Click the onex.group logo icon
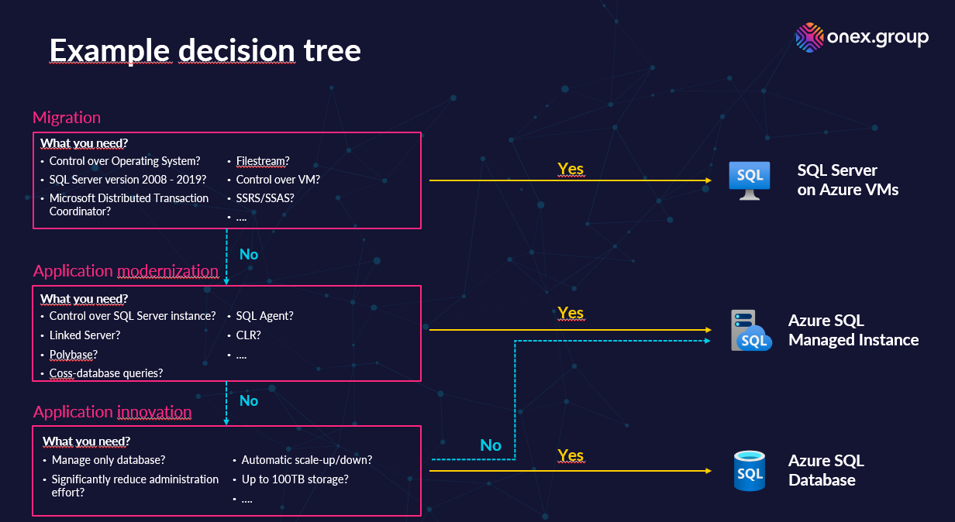click(809, 38)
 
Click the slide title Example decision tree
click(205, 50)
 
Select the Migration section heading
click(67, 118)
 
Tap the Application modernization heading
click(126, 271)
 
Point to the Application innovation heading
click(112, 412)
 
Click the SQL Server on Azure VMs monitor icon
click(750, 180)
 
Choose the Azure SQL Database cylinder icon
click(750, 471)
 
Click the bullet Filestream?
click(263, 161)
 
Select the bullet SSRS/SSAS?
click(265, 197)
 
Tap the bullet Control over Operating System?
click(125, 161)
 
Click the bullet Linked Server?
click(84, 335)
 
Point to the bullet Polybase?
click(74, 354)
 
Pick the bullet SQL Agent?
click(264, 316)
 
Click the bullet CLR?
click(248, 335)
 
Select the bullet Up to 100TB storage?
click(295, 479)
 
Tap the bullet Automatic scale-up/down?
click(307, 460)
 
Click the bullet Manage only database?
click(109, 460)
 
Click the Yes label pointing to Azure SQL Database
click(571, 455)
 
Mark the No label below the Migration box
click(249, 254)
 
